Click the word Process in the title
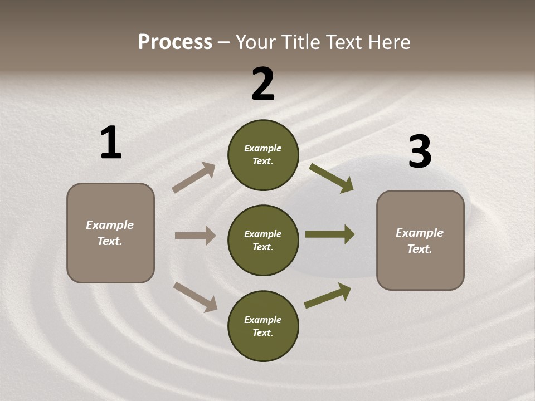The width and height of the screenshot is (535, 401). tap(175, 42)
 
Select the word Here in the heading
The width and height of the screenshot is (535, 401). tap(387, 42)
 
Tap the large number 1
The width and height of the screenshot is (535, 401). tap(111, 143)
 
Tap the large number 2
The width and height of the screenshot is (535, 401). tap(263, 84)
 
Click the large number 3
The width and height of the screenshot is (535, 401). tap(420, 151)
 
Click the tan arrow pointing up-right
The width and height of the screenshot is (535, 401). tap(193, 178)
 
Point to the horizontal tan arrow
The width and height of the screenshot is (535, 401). tap(195, 236)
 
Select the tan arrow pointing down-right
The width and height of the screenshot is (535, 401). tap(195, 297)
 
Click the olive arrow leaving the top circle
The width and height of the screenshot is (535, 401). tap(331, 178)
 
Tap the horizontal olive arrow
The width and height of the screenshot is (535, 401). tap(329, 234)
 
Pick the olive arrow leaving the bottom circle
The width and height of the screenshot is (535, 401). tap(327, 296)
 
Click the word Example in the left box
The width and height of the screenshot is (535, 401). tap(110, 225)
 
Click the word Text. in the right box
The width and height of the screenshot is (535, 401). tap(420, 249)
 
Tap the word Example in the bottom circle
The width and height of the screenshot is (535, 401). tap(262, 320)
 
